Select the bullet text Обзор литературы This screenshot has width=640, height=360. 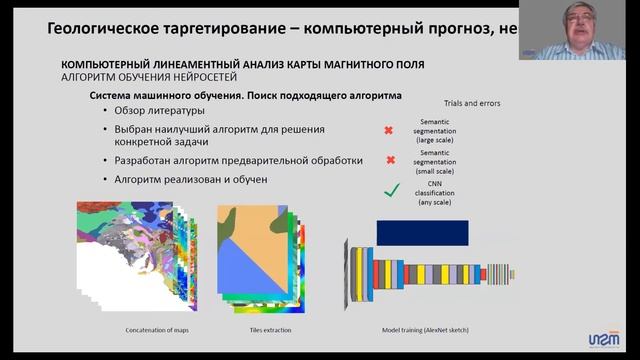pos(159,110)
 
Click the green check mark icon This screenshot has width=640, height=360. pos(391,190)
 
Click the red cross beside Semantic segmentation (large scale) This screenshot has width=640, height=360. pos(389,130)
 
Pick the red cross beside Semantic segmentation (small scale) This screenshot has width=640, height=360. pos(390,160)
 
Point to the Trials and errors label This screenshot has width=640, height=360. pos(471,102)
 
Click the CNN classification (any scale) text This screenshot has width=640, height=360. pos(436,191)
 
